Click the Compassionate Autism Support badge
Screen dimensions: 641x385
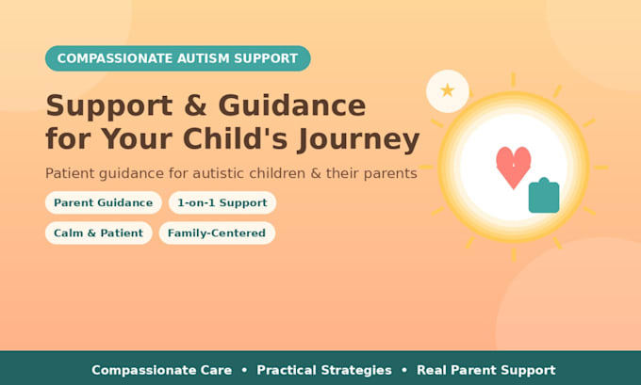click(x=178, y=58)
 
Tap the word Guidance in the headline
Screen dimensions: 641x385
click(x=292, y=105)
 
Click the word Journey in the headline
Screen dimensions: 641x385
click(x=358, y=139)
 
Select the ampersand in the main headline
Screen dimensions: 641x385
click(x=194, y=105)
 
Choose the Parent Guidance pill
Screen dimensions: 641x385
click(x=104, y=202)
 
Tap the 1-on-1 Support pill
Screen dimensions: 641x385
click(x=222, y=202)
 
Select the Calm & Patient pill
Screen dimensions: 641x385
click(x=99, y=233)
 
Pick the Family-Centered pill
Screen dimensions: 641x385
click(x=217, y=233)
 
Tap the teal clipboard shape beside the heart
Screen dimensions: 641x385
click(x=544, y=196)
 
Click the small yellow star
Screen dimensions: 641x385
click(x=448, y=90)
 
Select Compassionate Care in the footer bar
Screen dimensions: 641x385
click(x=161, y=370)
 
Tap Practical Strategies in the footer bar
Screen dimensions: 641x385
click(x=324, y=370)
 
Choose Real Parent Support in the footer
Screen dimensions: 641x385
click(x=486, y=370)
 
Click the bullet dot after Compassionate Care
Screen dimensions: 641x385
click(x=244, y=370)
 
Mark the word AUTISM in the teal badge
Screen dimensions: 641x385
click(x=204, y=58)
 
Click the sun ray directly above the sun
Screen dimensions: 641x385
click(x=514, y=80)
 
